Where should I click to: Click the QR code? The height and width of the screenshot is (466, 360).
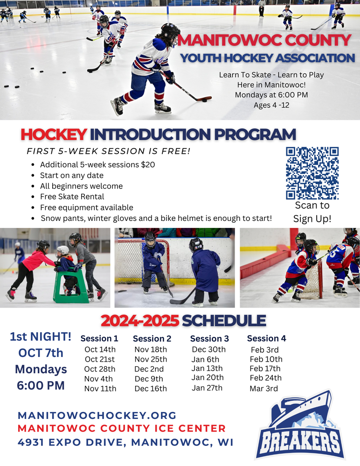click(x=312, y=173)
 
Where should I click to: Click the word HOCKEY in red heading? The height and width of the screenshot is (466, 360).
click(x=54, y=135)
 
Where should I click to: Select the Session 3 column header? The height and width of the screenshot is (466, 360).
click(x=209, y=339)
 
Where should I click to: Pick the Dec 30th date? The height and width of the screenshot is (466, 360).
click(x=208, y=349)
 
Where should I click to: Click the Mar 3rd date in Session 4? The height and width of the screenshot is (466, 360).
click(x=264, y=389)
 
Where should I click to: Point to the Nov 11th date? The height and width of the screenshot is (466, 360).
click(x=100, y=389)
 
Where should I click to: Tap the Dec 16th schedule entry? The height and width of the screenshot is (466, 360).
click(x=151, y=389)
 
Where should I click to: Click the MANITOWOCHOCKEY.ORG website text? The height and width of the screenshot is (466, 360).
click(x=97, y=415)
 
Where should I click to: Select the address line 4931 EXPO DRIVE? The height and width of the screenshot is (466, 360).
click(x=125, y=442)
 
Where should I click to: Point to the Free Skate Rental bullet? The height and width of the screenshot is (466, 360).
click(x=72, y=197)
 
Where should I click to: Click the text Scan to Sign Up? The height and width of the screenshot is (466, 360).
click(x=312, y=212)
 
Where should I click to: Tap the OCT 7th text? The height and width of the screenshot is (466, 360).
click(x=41, y=353)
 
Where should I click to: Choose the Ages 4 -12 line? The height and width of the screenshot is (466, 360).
click(x=271, y=105)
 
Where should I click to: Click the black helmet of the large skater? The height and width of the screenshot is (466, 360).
click(x=170, y=32)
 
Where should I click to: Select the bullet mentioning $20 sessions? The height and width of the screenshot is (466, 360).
click(x=97, y=164)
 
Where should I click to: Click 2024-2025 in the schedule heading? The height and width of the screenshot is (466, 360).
click(x=140, y=321)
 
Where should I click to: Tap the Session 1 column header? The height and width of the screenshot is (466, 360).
click(x=99, y=339)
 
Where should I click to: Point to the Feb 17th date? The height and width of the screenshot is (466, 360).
click(x=265, y=369)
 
